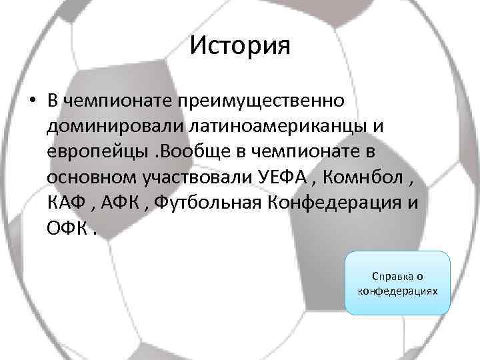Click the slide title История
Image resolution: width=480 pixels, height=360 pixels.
point(240,47)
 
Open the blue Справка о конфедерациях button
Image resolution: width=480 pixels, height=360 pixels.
point(397,283)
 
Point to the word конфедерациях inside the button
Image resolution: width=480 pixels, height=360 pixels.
point(397,291)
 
